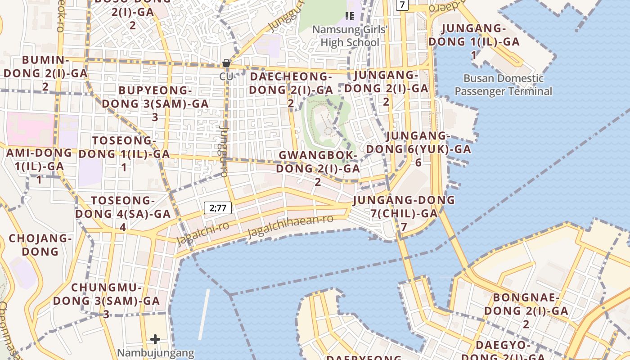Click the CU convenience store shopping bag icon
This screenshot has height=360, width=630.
click(226, 63)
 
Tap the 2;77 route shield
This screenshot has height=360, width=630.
click(218, 208)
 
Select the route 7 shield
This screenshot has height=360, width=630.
click(402, 5)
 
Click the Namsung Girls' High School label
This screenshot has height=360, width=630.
click(350, 36)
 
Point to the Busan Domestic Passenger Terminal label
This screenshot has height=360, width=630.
click(503, 85)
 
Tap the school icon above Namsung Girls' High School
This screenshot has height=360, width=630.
click(349, 16)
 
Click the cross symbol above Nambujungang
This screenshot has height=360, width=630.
click(155, 339)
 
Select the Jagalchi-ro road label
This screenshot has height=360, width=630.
click(203, 233)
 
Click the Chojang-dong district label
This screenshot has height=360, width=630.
click(40, 245)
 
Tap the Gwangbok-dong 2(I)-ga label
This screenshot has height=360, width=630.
click(318, 168)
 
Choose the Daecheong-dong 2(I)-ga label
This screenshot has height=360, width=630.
click(291, 90)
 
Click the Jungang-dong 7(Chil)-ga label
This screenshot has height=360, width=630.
click(404, 213)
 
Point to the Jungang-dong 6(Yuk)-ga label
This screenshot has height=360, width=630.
click(418, 148)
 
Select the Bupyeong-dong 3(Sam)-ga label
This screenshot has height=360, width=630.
click(155, 103)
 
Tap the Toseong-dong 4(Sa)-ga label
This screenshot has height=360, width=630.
click(123, 213)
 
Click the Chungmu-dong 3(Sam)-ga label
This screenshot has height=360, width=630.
click(107, 300)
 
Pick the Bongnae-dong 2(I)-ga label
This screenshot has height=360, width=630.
click(526, 310)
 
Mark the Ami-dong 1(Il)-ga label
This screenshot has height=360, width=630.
click(39, 166)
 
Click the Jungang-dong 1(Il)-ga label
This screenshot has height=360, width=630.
click(474, 41)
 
